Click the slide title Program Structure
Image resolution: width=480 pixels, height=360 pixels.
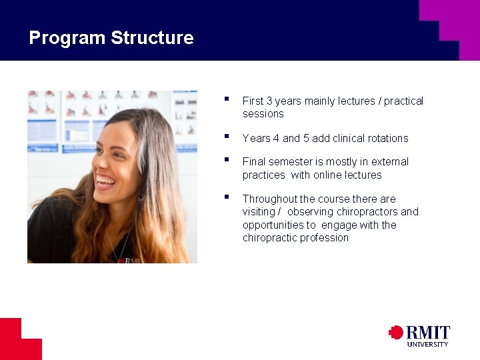(111, 38)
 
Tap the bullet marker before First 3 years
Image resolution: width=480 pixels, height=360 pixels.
(227, 99)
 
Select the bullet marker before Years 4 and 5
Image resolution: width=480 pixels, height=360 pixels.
(227, 137)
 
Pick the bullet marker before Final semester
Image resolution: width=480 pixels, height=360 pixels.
(227, 160)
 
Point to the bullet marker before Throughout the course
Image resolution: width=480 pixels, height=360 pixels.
(227, 197)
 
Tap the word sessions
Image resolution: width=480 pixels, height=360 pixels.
(263, 114)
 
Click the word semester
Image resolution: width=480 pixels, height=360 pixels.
(289, 162)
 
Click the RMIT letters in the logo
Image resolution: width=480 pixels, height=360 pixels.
(428, 333)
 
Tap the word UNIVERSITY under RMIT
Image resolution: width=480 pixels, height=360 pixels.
(428, 344)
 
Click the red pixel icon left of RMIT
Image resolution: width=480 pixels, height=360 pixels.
(396, 333)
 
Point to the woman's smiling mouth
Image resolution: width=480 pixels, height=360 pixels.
(105, 181)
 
